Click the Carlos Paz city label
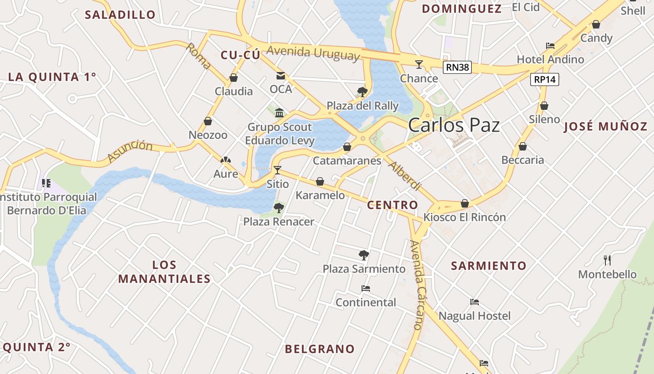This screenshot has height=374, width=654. (454, 125)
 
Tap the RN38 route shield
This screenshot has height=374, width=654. (457, 67)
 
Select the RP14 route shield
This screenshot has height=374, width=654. (545, 79)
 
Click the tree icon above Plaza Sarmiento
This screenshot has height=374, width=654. (364, 255)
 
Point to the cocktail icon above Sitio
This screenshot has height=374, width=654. (277, 170)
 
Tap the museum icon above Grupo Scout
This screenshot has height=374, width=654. (279, 113)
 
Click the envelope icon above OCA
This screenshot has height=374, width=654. (281, 75)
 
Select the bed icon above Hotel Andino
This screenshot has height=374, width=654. (550, 46)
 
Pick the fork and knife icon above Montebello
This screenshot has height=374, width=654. (607, 260)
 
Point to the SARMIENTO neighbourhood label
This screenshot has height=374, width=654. (489, 266)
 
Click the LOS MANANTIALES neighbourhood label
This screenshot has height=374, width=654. (164, 272)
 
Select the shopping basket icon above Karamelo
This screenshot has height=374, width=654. (320, 181)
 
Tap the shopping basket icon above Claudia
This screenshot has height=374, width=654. (234, 78)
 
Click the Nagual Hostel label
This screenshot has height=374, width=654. (475, 316)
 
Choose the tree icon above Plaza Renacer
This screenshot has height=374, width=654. (279, 208)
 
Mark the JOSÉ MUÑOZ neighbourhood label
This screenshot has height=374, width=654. (605, 126)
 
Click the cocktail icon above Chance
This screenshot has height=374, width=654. (419, 64)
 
